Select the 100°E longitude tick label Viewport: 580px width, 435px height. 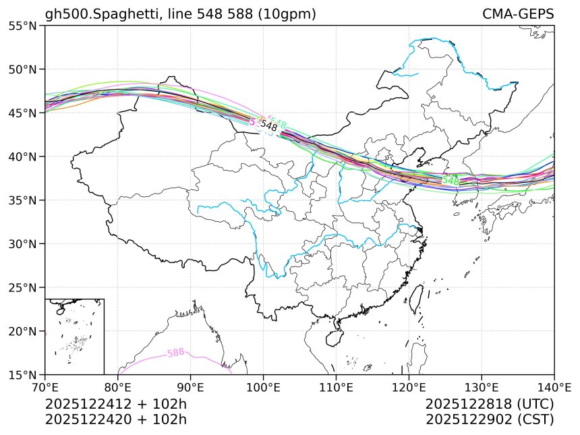(263, 387)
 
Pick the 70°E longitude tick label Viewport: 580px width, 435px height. (45, 387)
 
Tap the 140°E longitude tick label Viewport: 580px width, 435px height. (554, 387)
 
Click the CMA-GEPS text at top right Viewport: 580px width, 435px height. (518, 14)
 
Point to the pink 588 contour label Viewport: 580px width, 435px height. (175, 353)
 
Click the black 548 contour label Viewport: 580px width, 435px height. (269, 126)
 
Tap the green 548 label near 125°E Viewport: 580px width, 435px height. (451, 181)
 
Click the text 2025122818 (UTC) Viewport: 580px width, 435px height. (490, 404)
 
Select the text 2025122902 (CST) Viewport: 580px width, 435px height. (490, 419)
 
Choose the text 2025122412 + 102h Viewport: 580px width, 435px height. (115, 404)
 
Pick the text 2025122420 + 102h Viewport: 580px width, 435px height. (115, 419)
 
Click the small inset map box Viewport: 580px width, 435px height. (74, 336)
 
